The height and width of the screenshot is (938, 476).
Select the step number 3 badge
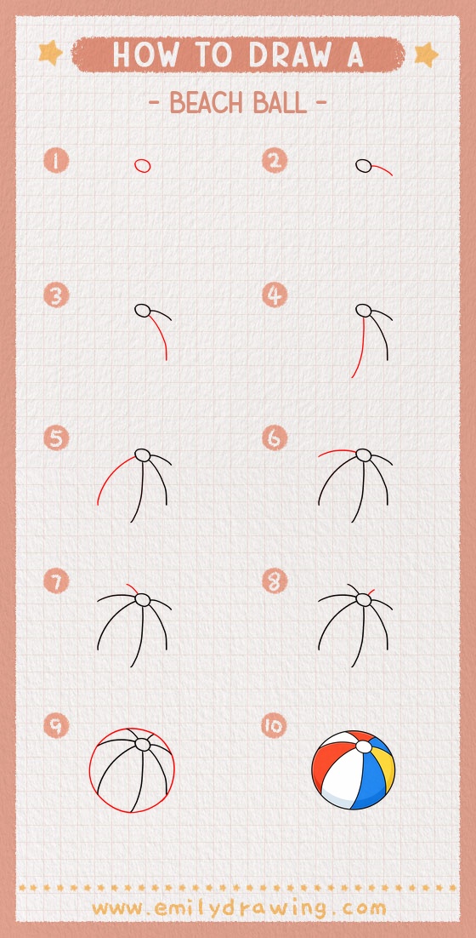(x=56, y=296)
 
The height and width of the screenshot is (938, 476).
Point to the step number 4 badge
(x=275, y=296)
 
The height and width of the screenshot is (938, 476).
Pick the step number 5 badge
(x=56, y=438)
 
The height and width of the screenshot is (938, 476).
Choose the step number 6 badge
(x=275, y=438)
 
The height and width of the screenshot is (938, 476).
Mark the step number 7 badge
(x=56, y=582)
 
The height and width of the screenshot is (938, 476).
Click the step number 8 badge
(x=275, y=582)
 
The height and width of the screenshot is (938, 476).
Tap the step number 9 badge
(x=56, y=726)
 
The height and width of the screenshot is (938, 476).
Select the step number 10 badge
(x=275, y=726)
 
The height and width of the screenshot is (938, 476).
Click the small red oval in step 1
(x=142, y=165)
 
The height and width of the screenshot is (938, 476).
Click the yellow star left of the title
(x=51, y=54)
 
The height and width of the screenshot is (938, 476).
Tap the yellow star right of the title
(x=425, y=55)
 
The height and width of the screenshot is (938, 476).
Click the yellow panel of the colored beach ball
(x=387, y=770)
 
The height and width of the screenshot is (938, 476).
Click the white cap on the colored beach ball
(x=363, y=746)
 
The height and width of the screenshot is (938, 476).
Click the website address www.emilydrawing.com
(x=238, y=908)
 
